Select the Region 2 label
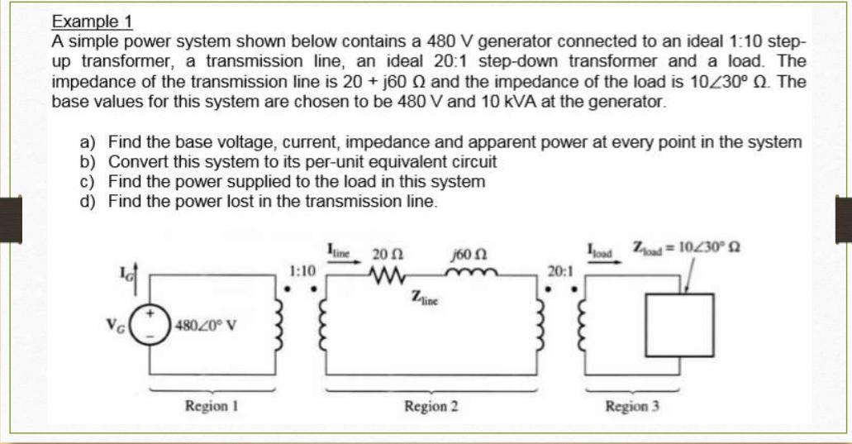pos(431,406)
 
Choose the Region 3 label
pos(633,406)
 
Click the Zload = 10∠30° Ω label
pos(683,246)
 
